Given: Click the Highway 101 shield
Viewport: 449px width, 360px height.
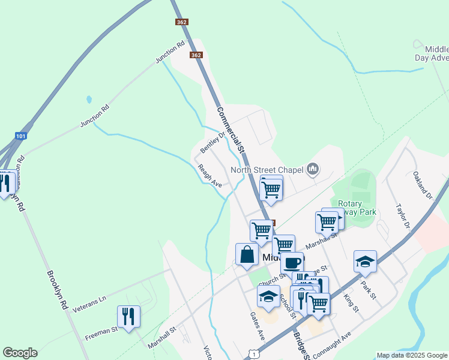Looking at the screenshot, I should point(20,136).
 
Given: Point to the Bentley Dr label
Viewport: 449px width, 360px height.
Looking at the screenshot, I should point(211,142).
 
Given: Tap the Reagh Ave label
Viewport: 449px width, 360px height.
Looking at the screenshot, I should point(210,176).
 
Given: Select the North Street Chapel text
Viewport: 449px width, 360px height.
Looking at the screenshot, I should point(267,170).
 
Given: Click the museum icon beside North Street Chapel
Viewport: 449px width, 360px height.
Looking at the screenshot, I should point(312,170).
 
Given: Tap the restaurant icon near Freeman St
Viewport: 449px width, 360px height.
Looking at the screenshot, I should point(128,316).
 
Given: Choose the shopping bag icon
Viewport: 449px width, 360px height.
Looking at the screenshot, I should point(247,254).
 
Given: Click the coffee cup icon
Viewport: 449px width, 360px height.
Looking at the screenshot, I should point(292,262).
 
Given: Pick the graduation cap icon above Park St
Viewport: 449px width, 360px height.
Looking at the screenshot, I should point(365,261).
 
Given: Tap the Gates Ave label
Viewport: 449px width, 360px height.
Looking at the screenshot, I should point(258,324).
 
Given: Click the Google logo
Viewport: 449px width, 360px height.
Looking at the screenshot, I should point(20,353).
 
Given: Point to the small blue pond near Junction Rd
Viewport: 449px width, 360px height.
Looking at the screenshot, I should point(89,99).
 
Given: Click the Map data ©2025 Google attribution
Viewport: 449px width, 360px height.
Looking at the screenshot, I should point(412,355).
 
